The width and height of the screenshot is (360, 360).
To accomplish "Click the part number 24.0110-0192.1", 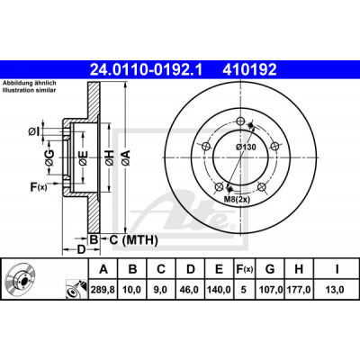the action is pos(147,70).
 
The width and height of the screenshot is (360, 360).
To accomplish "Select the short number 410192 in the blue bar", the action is pos(249,70).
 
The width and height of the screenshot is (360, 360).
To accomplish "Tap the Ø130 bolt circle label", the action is pos(246,147).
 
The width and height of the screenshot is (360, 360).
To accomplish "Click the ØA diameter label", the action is pos(126,157).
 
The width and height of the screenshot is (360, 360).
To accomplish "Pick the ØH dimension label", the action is pos(110,157).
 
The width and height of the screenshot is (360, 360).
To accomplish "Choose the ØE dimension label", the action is pos(84,157).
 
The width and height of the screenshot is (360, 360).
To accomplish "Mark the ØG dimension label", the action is pos(49,157).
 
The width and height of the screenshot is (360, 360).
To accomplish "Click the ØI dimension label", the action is pos(33,131).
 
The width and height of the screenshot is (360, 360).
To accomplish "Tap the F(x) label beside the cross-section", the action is pos(39,187).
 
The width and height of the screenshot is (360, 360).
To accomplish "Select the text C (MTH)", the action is pos(133,239).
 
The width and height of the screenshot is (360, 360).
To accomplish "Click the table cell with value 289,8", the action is pos(103,290).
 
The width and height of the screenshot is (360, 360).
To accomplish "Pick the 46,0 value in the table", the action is pos(190,290).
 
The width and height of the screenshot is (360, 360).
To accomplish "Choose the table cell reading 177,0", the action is pos(299,290).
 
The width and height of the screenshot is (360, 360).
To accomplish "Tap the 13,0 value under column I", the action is pos(336,290).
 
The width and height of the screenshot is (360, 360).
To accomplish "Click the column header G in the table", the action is pos(270,269).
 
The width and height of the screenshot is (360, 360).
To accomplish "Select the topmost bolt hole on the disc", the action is pos(239,121).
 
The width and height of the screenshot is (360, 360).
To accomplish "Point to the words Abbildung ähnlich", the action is pos(30,84).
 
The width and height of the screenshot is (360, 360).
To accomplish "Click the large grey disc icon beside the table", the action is pos(20,279).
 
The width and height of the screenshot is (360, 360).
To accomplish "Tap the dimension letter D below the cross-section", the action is pos(81,249).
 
